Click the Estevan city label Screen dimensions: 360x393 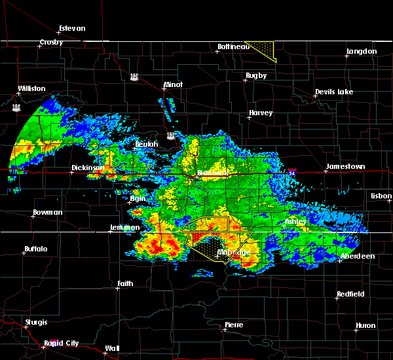pos(71,28)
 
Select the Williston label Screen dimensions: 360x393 pos(32,88)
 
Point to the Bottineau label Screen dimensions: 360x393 pos(233,46)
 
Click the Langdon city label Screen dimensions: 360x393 pos(362,51)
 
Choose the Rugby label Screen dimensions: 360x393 pos(256,76)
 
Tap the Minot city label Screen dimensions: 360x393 pos(174,85)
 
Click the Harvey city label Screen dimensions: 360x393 pos(260,113)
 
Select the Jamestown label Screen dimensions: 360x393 pos(346,167)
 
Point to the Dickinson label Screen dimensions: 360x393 pos(88,168)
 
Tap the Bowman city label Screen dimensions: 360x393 pos(48,213)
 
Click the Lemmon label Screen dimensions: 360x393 pos(124,227)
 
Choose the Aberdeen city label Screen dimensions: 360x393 pos(358,256)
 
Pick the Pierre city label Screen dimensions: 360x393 pos(234,325)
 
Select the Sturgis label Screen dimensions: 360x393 pos(36,322)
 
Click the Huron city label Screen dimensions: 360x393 pos(365,325)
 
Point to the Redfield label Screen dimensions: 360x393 pos(350,295)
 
